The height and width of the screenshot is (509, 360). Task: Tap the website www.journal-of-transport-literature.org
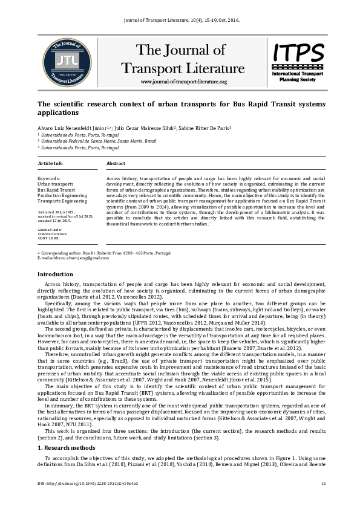183,82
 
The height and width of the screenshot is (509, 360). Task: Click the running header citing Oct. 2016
180,19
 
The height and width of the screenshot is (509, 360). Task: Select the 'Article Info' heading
50,164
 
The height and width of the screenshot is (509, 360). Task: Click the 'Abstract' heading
116,164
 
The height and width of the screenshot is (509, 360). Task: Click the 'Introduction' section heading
56,274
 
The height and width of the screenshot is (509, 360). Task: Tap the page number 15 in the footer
324,483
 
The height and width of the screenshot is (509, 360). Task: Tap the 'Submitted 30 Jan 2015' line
56,213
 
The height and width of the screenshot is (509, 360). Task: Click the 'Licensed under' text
49,230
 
